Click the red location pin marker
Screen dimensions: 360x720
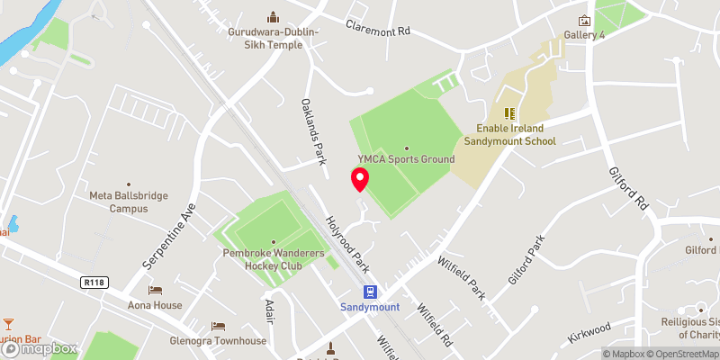(x=360, y=178)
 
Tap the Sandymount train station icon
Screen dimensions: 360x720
(x=369, y=292)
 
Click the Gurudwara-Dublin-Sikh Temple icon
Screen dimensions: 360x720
(x=273, y=16)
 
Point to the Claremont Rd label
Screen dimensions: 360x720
(x=378, y=28)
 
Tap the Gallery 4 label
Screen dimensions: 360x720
(x=584, y=35)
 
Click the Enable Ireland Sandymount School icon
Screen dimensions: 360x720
(x=510, y=113)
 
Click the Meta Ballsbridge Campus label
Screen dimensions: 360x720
(x=118, y=202)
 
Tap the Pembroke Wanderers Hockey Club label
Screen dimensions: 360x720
(x=274, y=259)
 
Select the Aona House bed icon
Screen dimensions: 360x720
(x=156, y=291)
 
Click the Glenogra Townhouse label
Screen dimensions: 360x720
(x=219, y=341)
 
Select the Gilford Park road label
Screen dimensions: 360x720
(x=526, y=261)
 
